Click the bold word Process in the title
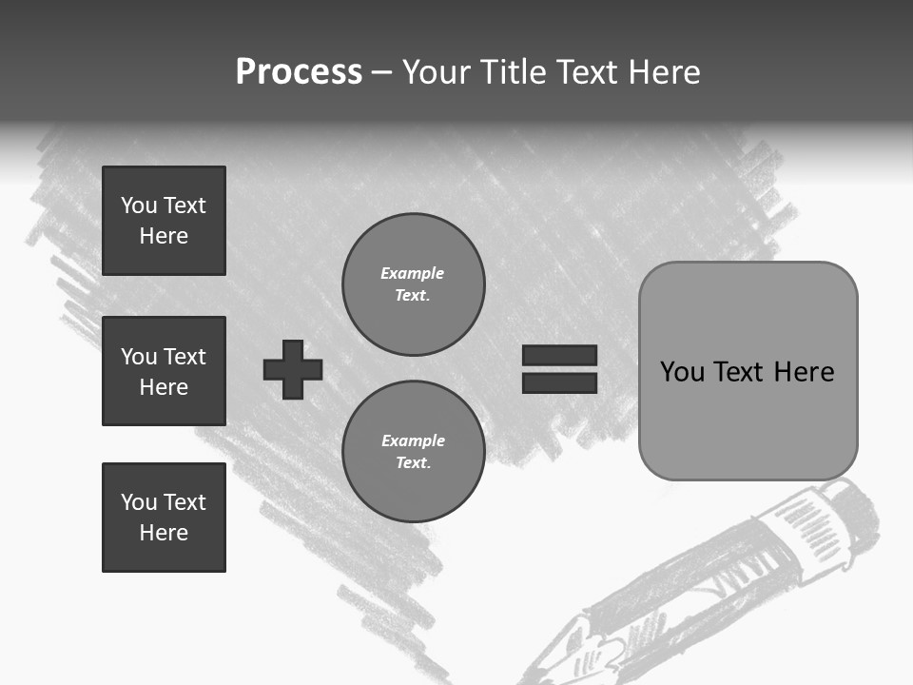[299, 72]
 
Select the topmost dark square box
[164, 221]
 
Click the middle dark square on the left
[164, 371]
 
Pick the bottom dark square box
[164, 518]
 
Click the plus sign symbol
[293, 369]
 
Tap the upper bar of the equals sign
[559, 355]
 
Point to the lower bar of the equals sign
[559, 382]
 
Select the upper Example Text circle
[413, 284]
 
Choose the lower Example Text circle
[413, 452]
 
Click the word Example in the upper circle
[412, 274]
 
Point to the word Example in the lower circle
[413, 441]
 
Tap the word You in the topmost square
[138, 205]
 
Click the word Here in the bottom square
[164, 533]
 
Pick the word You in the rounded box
[682, 372]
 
